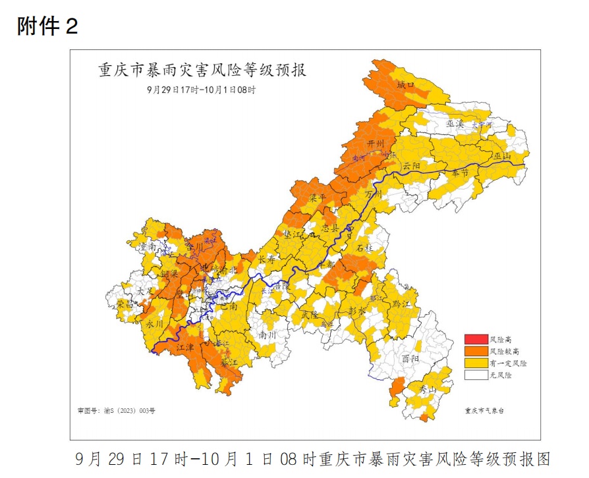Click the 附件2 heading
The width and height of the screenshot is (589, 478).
point(47,26)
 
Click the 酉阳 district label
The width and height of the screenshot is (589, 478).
point(410,359)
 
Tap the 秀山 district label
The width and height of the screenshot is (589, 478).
point(428,390)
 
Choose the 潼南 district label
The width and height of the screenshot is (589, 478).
point(148,246)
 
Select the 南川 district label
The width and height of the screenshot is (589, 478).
point(267,334)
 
